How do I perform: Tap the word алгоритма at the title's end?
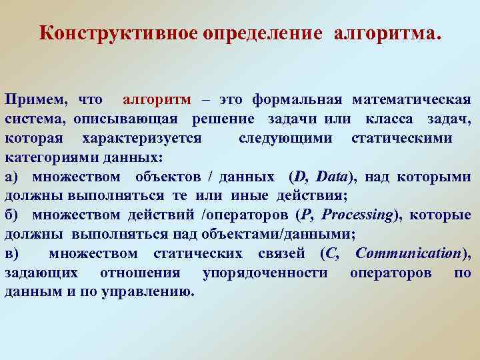coord(387,33)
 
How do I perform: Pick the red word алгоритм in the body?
coord(157,100)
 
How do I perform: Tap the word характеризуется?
coord(141,139)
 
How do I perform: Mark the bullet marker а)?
coord(13,177)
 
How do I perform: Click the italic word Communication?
coord(409,254)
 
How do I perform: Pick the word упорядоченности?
coord(265,273)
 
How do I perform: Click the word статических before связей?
coord(191,254)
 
